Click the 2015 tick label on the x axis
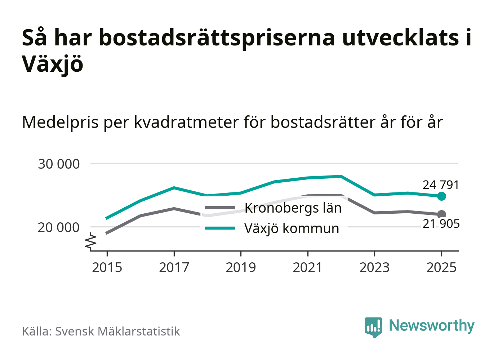(x=107, y=267)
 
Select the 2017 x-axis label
(x=174, y=267)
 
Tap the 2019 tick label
(x=241, y=267)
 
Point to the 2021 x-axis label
(x=308, y=267)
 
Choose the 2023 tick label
(x=374, y=267)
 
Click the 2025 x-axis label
(x=441, y=267)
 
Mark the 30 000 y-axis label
(x=59, y=164)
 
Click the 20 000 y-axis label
(x=59, y=227)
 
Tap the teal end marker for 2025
(x=441, y=196)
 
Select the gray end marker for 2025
(x=441, y=214)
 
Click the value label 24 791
(x=441, y=185)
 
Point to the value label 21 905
(x=441, y=224)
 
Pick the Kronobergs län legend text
(x=293, y=208)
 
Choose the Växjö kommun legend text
(x=292, y=228)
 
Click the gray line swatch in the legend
(x=220, y=208)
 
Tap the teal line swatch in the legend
(x=220, y=228)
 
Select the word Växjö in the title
(x=53, y=64)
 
